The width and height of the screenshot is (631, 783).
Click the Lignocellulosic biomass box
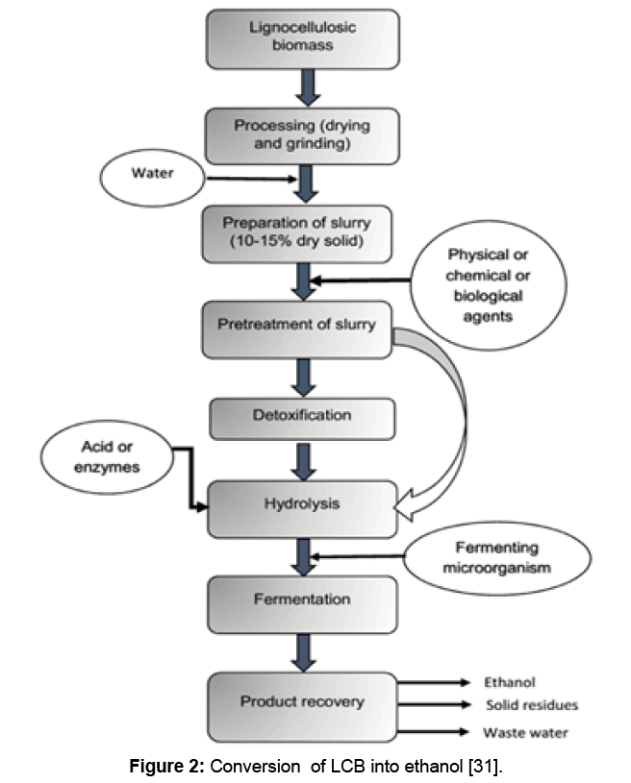302,37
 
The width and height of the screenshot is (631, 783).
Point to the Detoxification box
302,416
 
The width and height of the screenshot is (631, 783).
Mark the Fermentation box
302,600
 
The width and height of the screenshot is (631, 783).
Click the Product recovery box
302,702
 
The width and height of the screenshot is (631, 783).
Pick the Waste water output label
525,733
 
